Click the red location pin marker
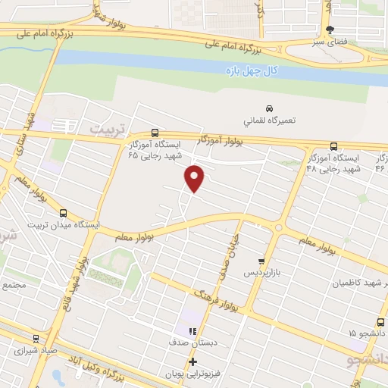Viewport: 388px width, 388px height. click(195, 177)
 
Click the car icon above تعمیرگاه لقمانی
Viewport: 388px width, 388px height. click(269, 108)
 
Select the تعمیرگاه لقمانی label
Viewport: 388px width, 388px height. click(269, 120)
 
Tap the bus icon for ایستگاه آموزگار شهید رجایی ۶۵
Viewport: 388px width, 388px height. click(155, 131)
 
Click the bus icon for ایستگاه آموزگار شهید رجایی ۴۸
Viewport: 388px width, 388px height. click(335, 145)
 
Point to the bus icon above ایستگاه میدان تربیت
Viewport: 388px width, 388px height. click(63, 213)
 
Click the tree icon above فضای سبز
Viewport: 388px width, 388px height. click(329, 30)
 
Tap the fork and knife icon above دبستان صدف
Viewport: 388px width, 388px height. click(192, 331)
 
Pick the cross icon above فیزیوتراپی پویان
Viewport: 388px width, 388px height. click(192, 361)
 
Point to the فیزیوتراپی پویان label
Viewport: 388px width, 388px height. click(186, 374)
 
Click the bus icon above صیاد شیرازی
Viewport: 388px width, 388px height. click(35, 339)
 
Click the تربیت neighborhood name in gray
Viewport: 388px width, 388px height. click(105, 130)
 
